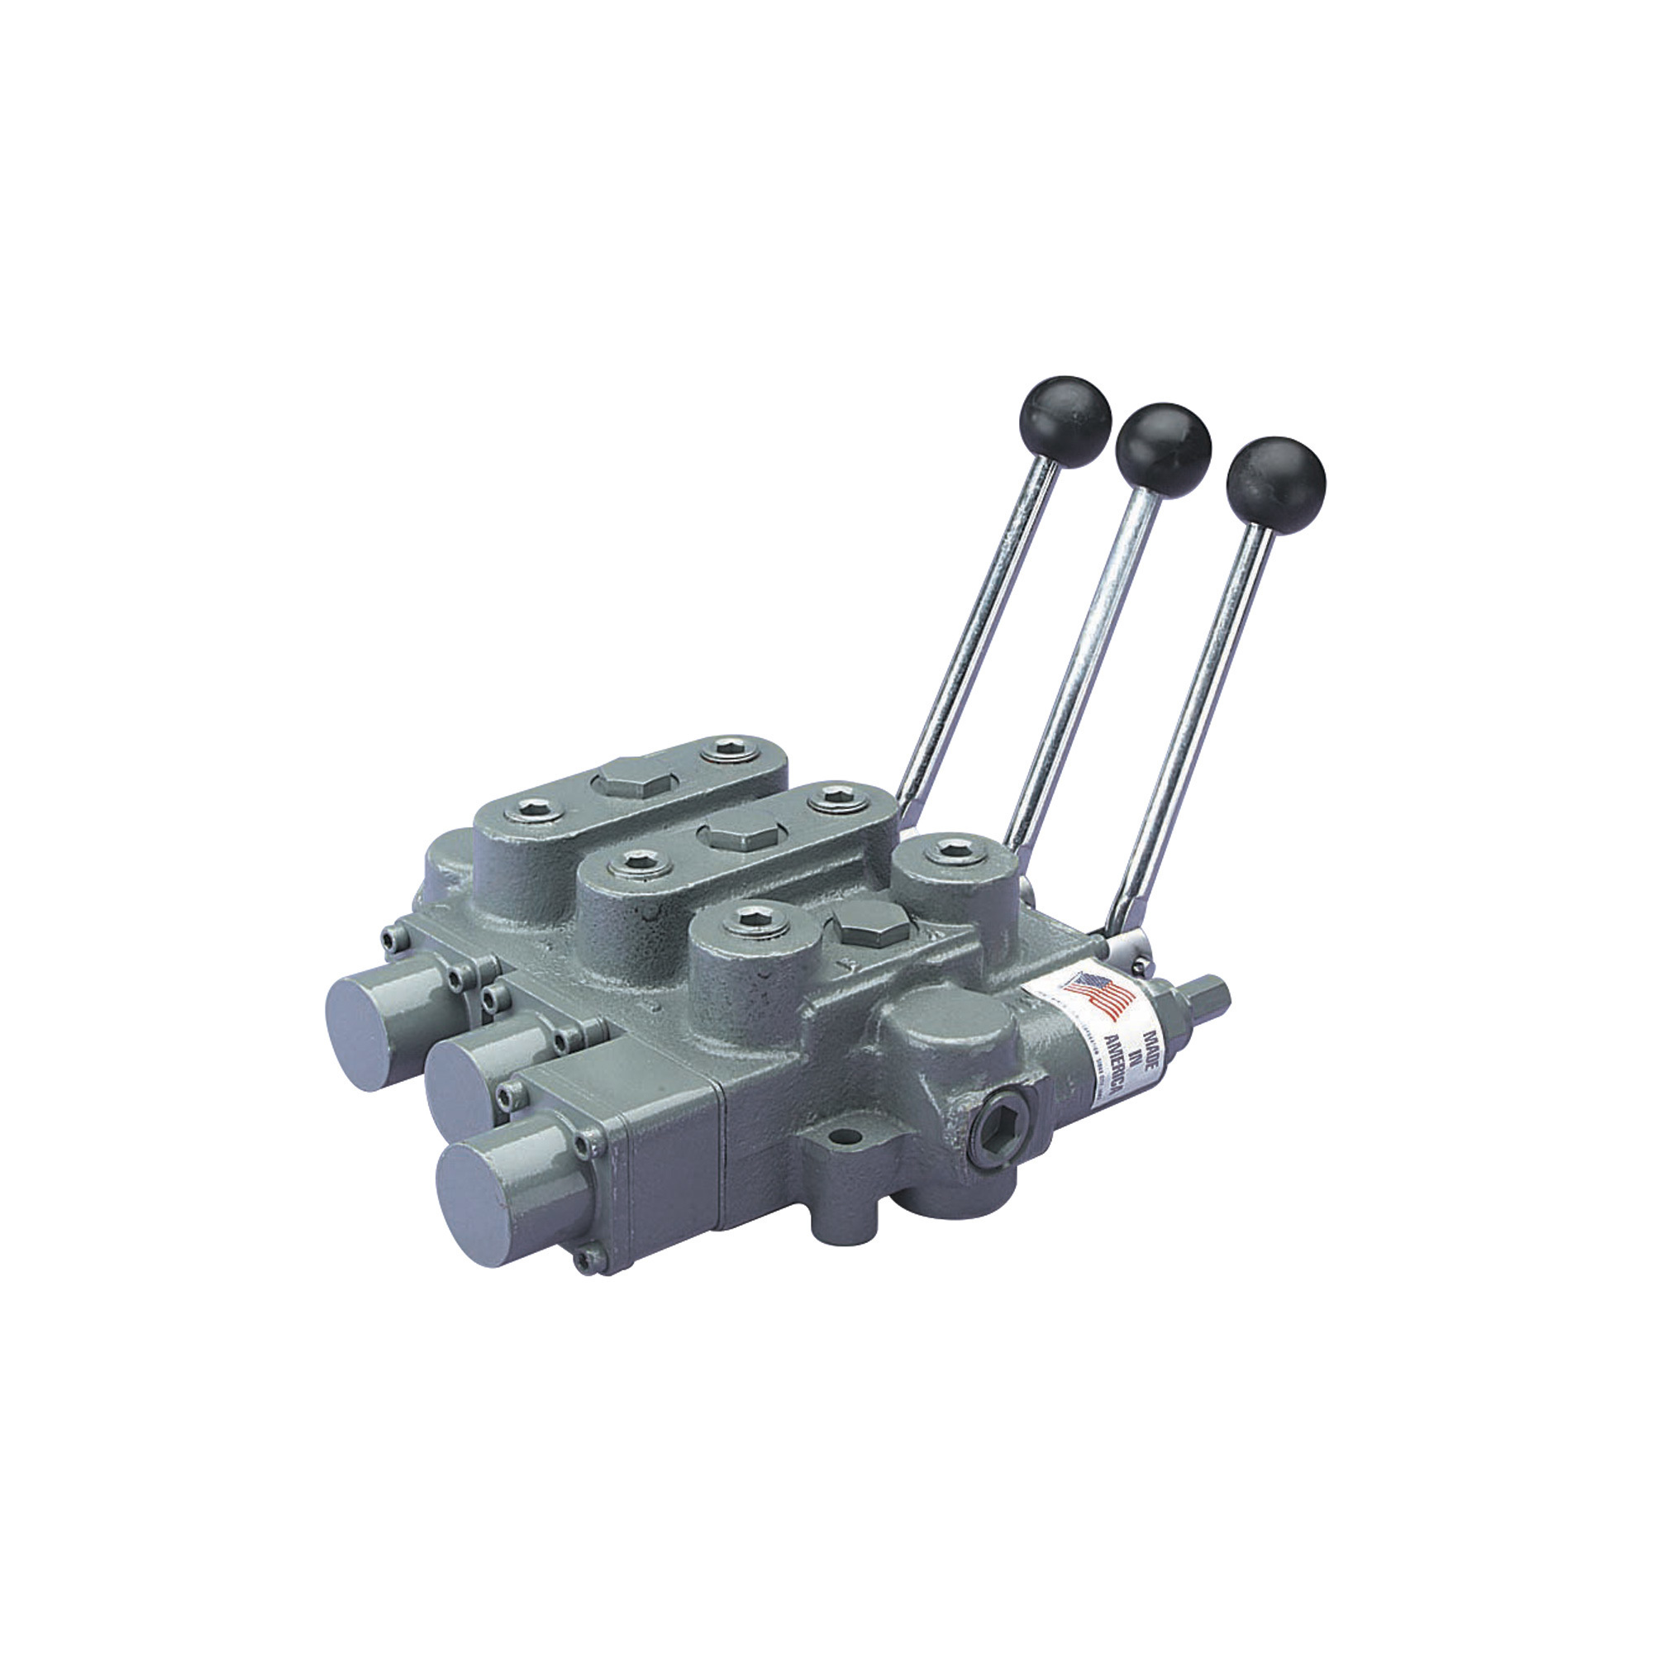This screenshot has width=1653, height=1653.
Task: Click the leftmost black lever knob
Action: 1065,422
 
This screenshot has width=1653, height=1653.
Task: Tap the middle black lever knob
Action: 1164,445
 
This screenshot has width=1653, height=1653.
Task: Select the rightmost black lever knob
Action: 1274,476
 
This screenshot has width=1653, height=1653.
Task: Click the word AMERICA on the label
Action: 1112,1062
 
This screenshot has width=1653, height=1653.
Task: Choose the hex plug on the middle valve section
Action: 743,833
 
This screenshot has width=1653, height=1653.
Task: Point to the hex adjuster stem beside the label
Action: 1208,996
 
